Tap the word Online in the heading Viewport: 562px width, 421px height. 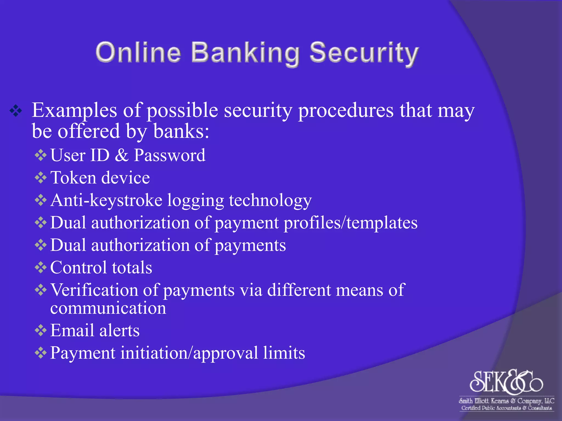point(138,52)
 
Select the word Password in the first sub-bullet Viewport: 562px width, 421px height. point(170,155)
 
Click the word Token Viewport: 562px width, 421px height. point(73,178)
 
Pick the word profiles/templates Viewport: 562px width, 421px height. point(350,223)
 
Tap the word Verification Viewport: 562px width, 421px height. point(94,290)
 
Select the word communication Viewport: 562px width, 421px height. point(108,308)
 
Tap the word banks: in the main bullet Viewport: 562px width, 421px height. point(181,131)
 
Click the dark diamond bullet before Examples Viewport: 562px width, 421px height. point(16,111)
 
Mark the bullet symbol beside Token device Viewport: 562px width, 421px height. point(41,178)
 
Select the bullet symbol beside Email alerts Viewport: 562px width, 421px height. point(41,331)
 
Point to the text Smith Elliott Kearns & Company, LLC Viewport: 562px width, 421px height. point(506,401)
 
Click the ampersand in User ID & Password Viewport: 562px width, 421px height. point(122,155)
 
